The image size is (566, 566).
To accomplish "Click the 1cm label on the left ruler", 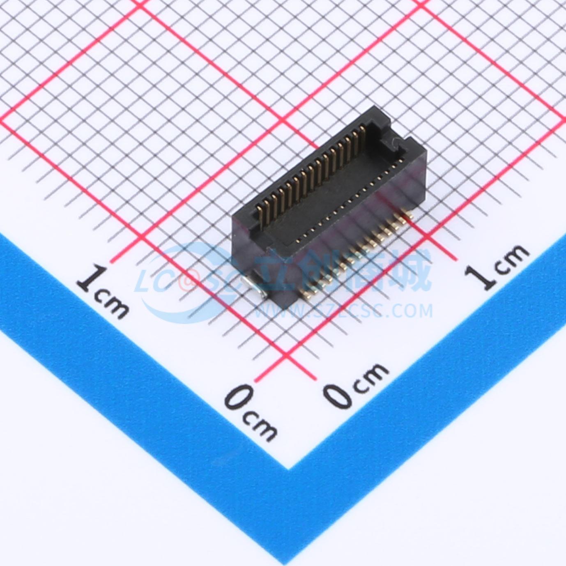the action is click(103, 292).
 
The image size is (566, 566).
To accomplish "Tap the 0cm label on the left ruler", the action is click(251, 413).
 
